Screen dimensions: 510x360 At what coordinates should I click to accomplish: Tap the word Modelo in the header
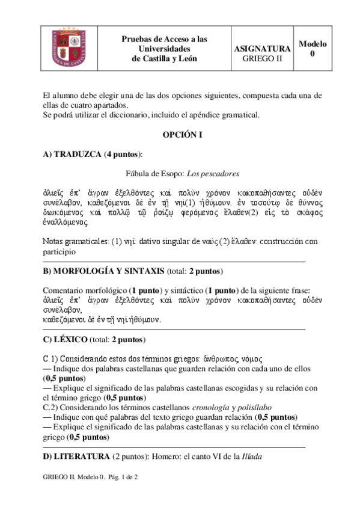coord(313,44)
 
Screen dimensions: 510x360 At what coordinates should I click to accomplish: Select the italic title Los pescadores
coord(213,174)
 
